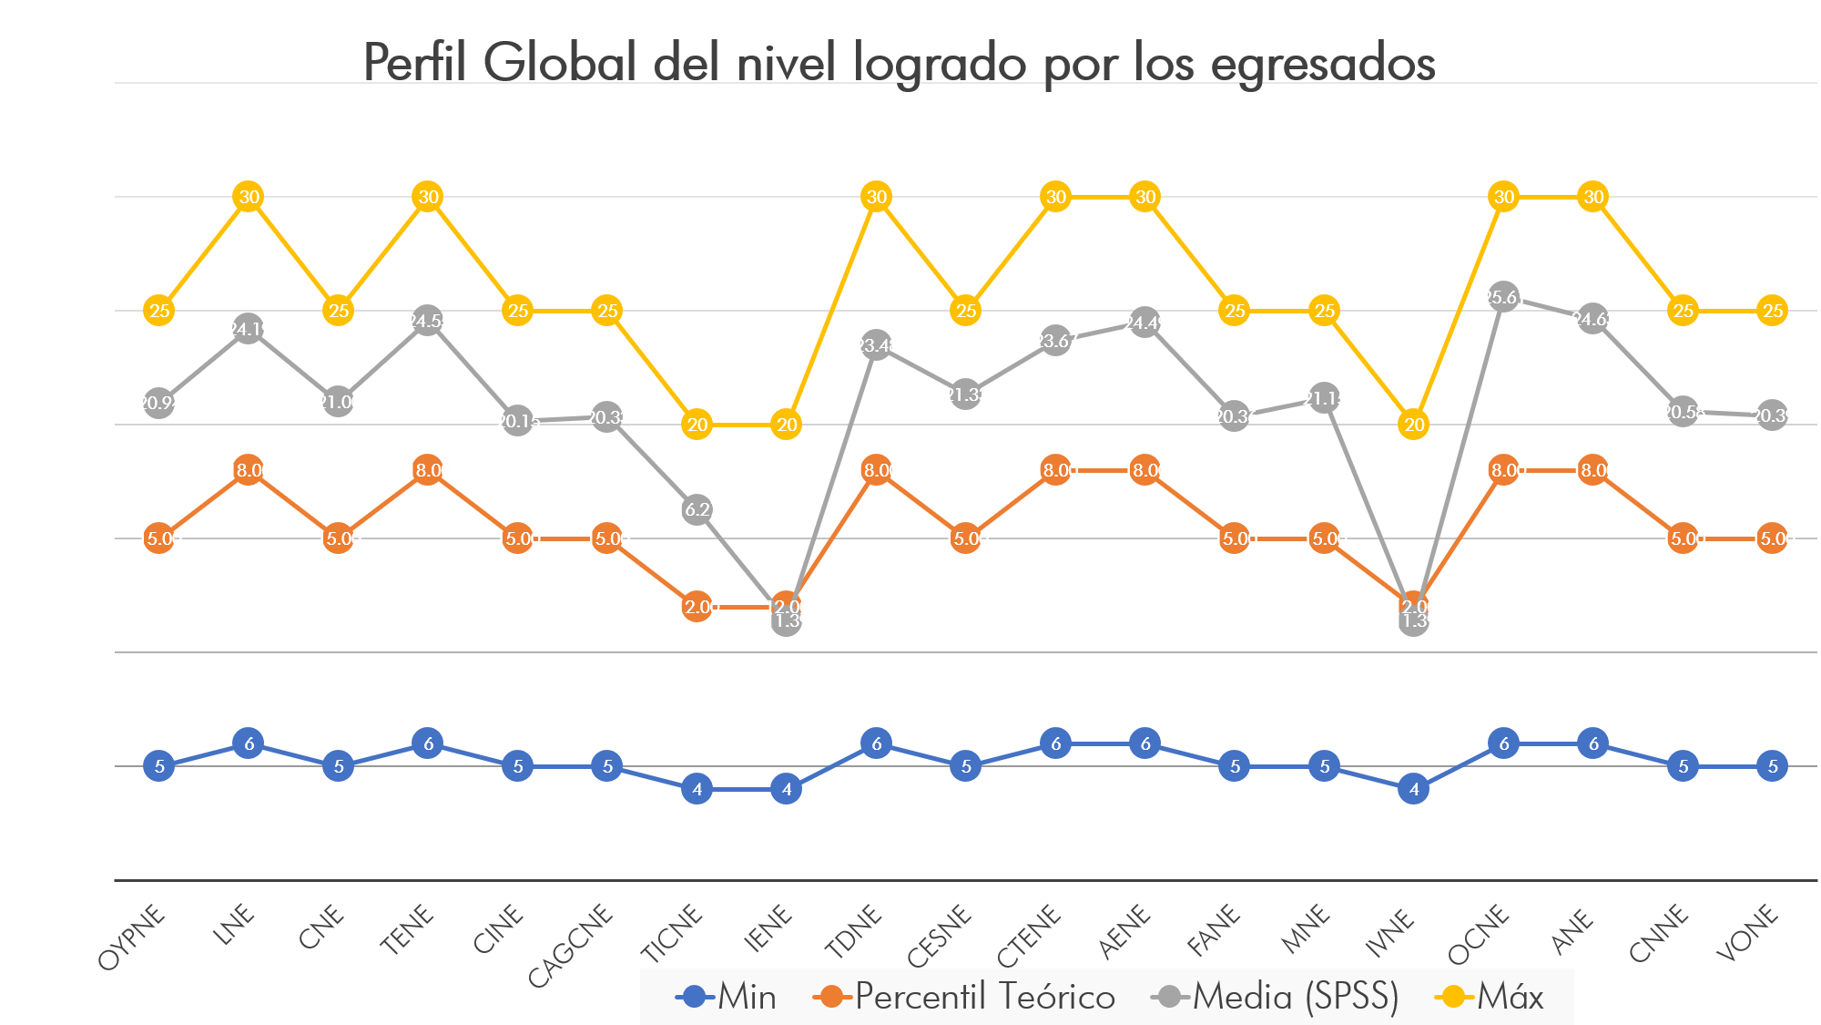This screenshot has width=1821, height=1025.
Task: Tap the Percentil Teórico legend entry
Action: click(x=965, y=997)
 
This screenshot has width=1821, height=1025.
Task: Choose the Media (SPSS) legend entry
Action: click(x=1276, y=997)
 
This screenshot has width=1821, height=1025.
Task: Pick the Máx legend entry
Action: click(x=1490, y=997)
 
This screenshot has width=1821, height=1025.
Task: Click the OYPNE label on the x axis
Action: click(x=133, y=938)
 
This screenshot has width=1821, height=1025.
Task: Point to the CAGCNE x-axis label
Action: click(x=572, y=944)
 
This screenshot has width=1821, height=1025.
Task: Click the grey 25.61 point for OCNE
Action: click(x=1503, y=296)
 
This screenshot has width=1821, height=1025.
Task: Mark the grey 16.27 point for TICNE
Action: click(x=697, y=509)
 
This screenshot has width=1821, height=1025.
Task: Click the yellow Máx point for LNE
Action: click(x=249, y=197)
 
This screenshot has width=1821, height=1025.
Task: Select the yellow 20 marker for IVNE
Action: click(x=1414, y=425)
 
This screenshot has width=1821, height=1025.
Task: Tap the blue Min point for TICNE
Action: click(x=697, y=789)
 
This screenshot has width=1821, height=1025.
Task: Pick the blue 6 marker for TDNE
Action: click(x=876, y=743)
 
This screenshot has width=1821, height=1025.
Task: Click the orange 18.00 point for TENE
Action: click(x=428, y=470)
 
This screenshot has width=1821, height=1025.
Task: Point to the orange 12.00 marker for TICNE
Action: click(x=697, y=607)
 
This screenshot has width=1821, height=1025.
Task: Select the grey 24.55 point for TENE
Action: click(x=428, y=321)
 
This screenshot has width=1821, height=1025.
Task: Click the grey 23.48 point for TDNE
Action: click(x=876, y=345)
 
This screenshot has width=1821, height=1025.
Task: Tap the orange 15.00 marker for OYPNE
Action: click(x=159, y=538)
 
